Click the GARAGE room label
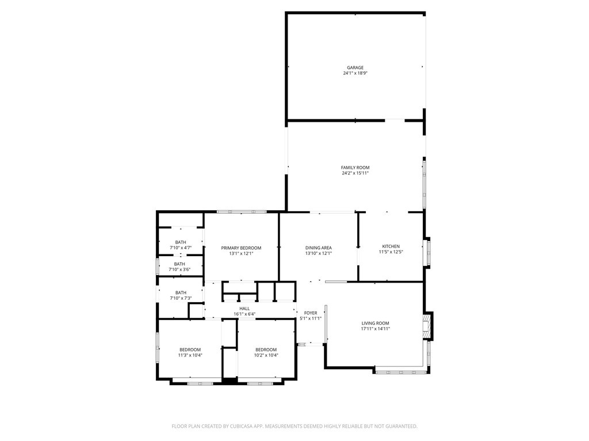point(355,68)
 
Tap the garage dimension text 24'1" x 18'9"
point(355,73)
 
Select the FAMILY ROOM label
point(355,168)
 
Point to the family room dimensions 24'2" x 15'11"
point(355,173)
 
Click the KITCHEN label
point(391,246)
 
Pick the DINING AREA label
point(318,248)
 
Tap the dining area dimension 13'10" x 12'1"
point(318,253)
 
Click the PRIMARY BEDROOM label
point(241,248)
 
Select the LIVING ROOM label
point(375,323)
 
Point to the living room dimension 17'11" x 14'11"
point(375,329)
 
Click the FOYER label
point(311,313)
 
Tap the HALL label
point(244,308)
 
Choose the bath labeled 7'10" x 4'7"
point(181,247)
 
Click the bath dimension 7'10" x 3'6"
point(180,269)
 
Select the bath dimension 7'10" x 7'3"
point(180,298)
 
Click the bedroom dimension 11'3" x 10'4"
point(190,355)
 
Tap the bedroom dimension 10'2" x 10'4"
point(266,355)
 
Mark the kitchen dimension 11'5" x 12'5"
point(391,252)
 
